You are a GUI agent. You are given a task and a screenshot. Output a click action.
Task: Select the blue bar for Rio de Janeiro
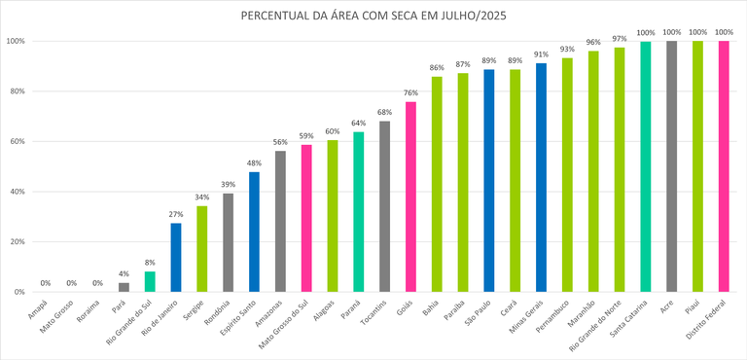click(x=176, y=258)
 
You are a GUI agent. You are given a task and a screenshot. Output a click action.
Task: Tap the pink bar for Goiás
click(x=410, y=197)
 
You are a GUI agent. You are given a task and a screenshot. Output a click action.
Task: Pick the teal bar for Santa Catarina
click(x=645, y=166)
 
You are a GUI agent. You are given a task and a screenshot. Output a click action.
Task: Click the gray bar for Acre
click(x=671, y=166)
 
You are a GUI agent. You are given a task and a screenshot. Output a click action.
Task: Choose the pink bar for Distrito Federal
click(x=723, y=166)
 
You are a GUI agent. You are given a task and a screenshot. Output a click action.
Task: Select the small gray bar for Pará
click(x=124, y=287)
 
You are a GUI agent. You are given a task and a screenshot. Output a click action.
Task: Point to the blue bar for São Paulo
click(x=488, y=181)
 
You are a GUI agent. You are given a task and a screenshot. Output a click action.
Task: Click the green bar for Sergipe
click(x=202, y=249)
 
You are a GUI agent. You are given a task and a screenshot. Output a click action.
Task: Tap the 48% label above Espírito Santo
click(x=254, y=162)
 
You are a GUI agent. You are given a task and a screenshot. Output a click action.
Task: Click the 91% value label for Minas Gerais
click(x=541, y=54)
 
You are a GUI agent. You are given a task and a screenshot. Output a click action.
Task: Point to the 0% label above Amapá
click(x=46, y=283)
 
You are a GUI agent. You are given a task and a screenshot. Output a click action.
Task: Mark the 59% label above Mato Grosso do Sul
click(x=306, y=135)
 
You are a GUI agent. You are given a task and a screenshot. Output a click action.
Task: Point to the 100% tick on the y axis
click(x=15, y=41)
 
